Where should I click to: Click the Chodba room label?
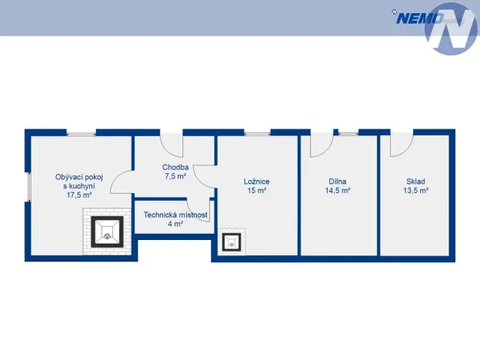pos(175,167)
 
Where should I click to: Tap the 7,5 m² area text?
pos(175,176)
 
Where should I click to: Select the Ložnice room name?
pos(257,182)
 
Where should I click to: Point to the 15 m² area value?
pos(257,191)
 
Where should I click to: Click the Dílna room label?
pos(338,182)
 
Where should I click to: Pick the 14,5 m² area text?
pos(338,191)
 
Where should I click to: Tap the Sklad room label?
pos(416,182)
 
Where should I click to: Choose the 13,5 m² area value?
pos(416,191)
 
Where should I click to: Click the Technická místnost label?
pos(175,215)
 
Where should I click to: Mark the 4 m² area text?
pos(175,225)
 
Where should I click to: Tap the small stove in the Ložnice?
pos(232,242)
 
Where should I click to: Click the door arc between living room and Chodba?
pos(122,183)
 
